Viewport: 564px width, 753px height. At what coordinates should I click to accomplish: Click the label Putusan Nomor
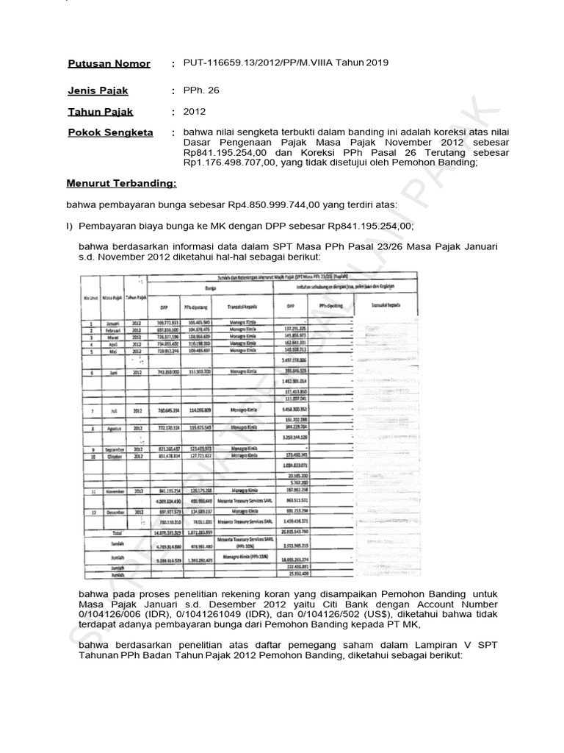click(109, 64)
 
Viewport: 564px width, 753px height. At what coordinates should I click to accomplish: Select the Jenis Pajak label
click(98, 90)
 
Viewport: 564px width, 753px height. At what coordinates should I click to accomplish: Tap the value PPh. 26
click(198, 90)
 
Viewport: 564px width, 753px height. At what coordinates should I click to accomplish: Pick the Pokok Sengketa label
click(110, 132)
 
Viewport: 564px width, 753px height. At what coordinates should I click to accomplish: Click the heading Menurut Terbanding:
click(121, 182)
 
